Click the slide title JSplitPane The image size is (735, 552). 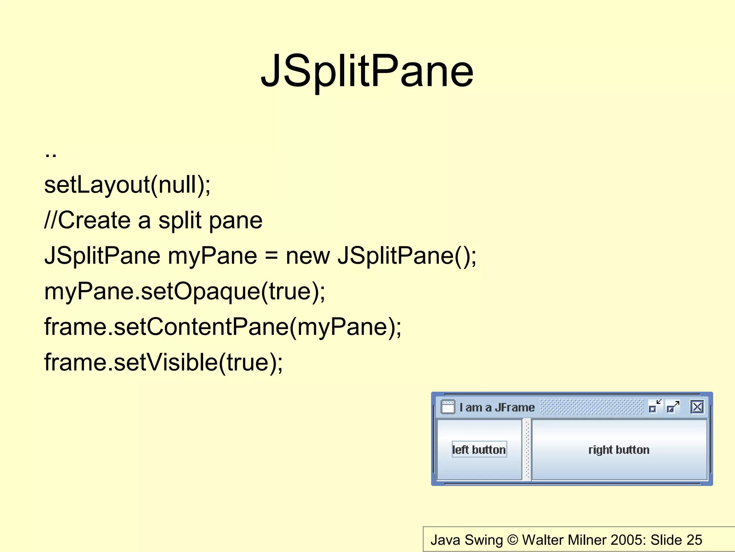click(367, 71)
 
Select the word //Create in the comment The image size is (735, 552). click(87, 220)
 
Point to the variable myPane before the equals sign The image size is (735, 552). click(212, 256)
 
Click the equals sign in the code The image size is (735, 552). click(271, 256)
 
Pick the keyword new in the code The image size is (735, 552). click(308, 256)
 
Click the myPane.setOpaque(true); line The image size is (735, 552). click(184, 291)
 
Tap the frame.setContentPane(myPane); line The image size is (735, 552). click(223, 327)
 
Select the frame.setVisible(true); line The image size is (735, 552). click(163, 362)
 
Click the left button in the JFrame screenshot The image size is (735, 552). click(479, 450)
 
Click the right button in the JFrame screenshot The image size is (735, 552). click(619, 450)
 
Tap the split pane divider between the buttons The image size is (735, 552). click(527, 450)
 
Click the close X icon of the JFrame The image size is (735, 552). click(697, 407)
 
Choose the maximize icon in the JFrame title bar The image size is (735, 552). click(673, 407)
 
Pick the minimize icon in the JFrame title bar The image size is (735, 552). click(655, 407)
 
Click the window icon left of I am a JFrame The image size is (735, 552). click(448, 407)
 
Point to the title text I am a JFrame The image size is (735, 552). click(497, 408)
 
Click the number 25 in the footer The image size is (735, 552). click(694, 540)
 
